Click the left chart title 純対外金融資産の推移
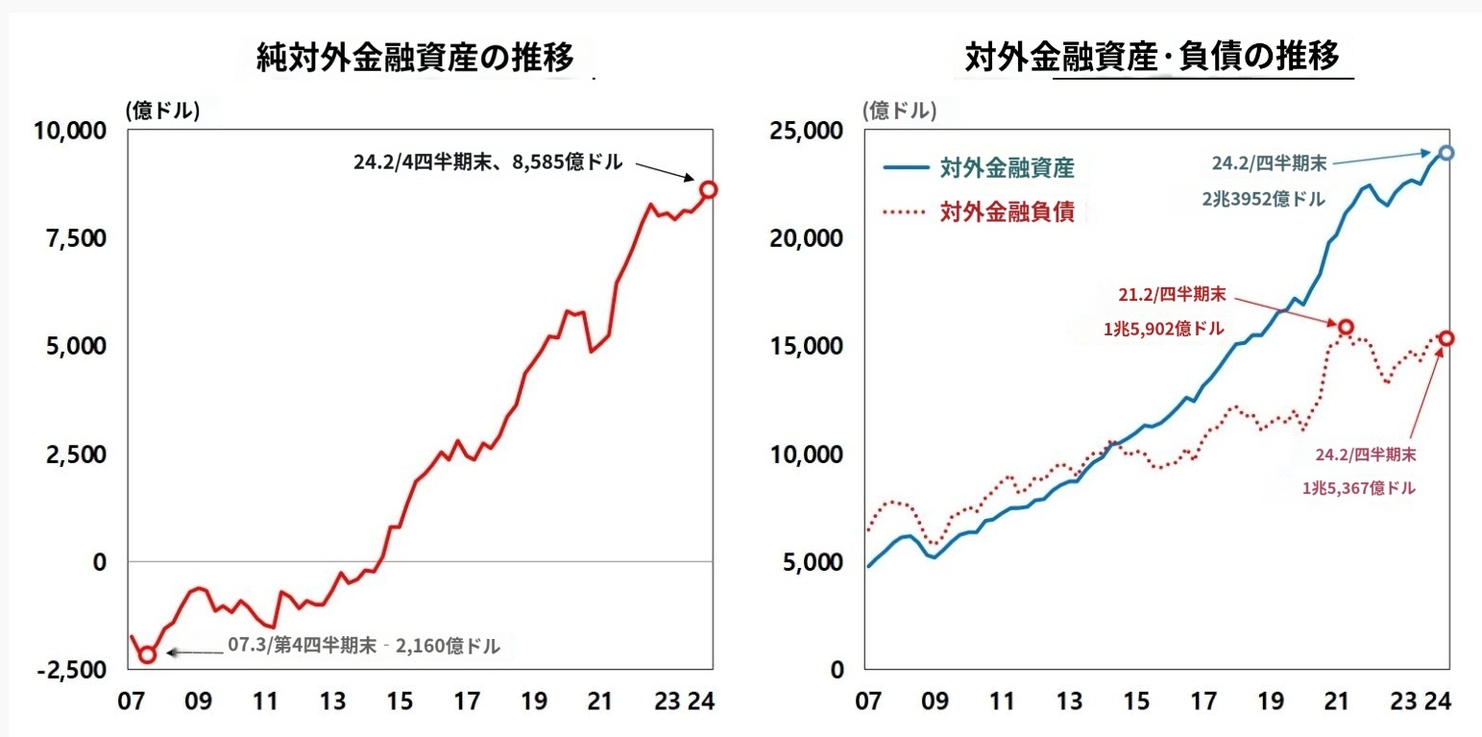[416, 60]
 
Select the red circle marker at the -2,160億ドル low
[147, 654]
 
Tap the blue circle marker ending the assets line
[1446, 153]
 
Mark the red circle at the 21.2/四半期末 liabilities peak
[1346, 327]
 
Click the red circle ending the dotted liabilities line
[1446, 338]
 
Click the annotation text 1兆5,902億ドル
[1164, 328]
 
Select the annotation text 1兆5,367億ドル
[1358, 488]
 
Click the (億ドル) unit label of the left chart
[161, 111]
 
